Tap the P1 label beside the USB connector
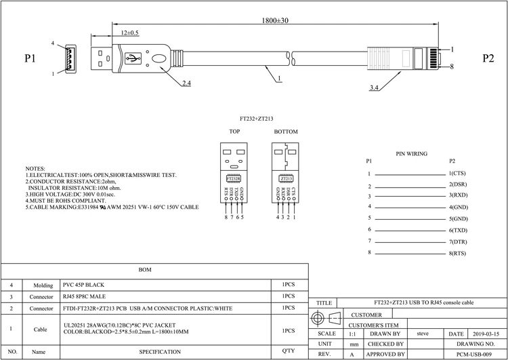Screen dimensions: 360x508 coord(30,59)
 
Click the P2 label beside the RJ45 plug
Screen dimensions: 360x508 coord(488,59)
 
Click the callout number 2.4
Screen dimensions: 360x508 coord(186,85)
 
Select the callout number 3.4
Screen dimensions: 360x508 coord(375,87)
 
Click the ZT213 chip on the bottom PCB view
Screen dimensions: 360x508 coord(286,179)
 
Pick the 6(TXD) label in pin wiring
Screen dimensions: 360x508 coord(459,230)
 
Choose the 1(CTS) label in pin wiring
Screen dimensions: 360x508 coord(458,174)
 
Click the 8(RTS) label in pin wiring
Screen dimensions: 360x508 coord(459,253)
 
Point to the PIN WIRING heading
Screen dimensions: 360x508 coord(411,154)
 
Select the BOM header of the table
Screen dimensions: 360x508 coord(145,270)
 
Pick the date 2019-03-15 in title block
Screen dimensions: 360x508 coord(484,334)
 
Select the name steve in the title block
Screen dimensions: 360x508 coord(423,334)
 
